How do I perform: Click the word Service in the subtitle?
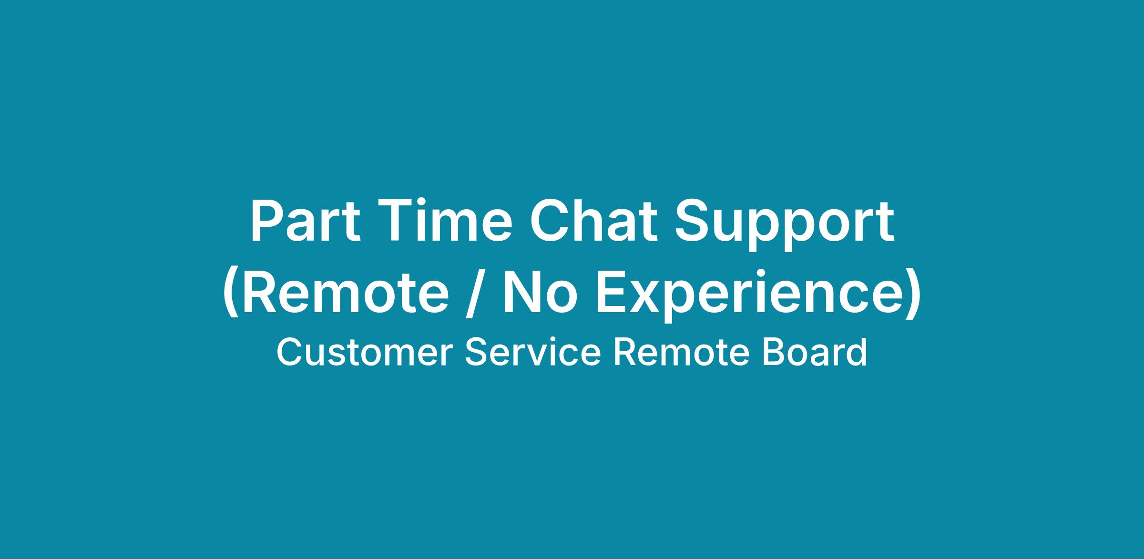tap(533, 353)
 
